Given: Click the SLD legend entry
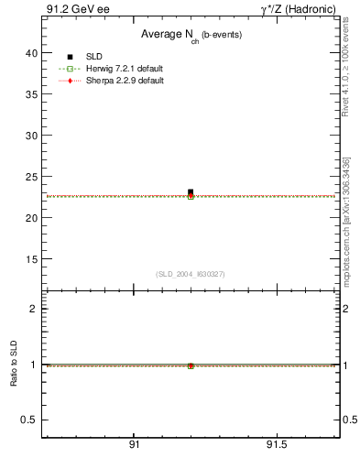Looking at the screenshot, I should point(94,57).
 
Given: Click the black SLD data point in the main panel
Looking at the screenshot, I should point(191,192).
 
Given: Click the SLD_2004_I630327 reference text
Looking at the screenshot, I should point(190,273).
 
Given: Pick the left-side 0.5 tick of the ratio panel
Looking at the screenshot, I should point(28,420).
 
